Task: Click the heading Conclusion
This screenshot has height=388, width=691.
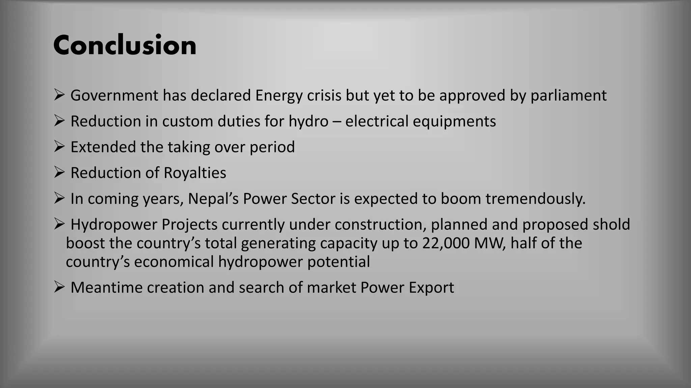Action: point(125,45)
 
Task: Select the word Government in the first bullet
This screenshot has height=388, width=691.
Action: point(114,96)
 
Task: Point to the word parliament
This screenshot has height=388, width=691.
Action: point(569,96)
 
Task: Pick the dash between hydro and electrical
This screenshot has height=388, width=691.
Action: point(337,122)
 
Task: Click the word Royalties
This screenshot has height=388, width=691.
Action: point(195,173)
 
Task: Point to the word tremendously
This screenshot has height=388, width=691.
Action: point(535,199)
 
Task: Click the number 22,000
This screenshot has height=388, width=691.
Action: point(446,243)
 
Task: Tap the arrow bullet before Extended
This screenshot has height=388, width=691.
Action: point(59,147)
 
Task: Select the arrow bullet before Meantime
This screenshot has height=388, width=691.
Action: point(59,287)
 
